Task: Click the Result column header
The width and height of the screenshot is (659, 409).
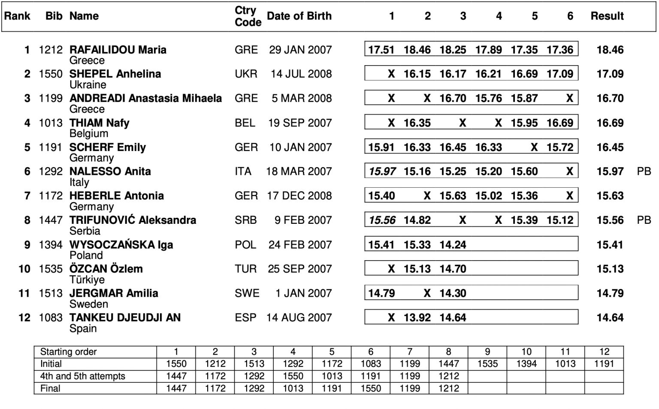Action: (607, 16)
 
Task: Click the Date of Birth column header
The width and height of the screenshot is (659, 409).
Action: (299, 16)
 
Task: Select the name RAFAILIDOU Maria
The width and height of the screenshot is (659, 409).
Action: (118, 50)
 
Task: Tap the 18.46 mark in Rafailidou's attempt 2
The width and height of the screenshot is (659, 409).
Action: (417, 50)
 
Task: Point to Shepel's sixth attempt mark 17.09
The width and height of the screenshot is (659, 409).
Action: (559, 74)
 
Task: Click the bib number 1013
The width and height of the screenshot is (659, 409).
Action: (51, 123)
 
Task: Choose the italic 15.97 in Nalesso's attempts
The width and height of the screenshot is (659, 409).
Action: (382, 171)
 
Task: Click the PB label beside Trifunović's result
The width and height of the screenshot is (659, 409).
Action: (644, 220)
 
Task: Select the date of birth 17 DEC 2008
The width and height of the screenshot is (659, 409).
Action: (299, 196)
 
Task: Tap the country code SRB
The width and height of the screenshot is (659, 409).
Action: (245, 220)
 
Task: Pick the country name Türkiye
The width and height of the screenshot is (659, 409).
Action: (87, 280)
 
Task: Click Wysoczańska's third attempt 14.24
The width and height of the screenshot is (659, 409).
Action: (453, 245)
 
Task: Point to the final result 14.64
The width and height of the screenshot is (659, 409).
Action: (610, 318)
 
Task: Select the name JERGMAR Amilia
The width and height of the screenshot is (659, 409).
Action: (114, 294)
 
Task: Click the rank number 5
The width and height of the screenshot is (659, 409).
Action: (27, 147)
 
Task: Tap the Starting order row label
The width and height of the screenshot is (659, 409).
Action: (68, 352)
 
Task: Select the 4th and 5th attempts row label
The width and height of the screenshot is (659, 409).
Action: (82, 376)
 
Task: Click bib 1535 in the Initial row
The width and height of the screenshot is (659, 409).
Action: (487, 364)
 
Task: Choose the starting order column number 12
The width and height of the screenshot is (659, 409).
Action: (604, 352)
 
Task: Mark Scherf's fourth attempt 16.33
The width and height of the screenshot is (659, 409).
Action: (488, 147)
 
